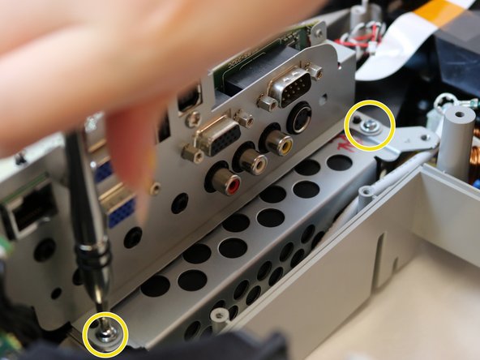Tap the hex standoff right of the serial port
pyautogui.click(x=315, y=73)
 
